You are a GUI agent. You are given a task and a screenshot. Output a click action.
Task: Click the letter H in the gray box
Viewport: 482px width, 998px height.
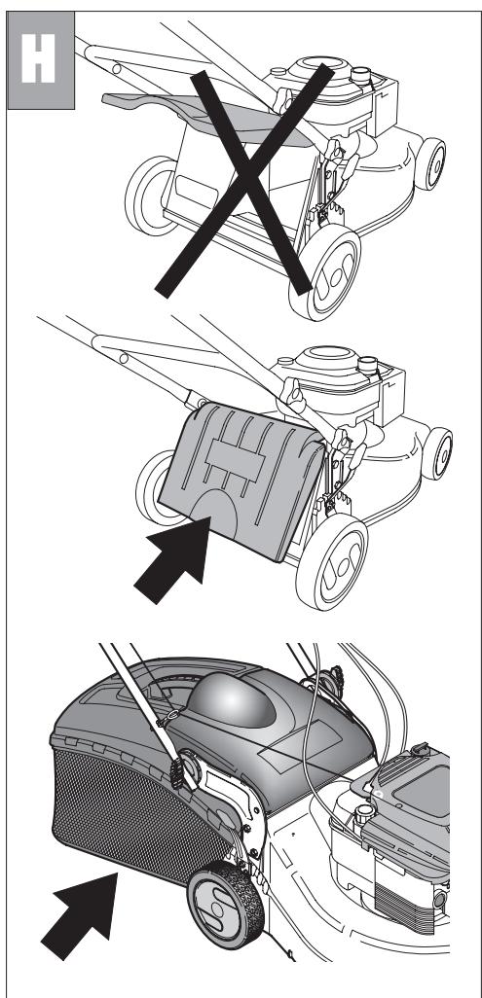click(38, 58)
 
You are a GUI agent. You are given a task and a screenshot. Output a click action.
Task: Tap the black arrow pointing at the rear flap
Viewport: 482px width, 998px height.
click(173, 559)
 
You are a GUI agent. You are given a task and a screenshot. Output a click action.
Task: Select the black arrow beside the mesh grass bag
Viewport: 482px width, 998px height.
click(80, 915)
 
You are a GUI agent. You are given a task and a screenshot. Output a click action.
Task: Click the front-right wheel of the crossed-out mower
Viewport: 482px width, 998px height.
click(325, 273)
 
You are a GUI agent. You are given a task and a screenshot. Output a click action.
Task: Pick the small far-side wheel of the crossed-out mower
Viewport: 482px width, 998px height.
click(430, 164)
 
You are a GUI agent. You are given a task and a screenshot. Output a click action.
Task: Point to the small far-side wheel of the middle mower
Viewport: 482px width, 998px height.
click(437, 453)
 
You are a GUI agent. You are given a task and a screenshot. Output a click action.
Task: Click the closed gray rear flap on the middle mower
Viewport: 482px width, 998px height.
click(241, 481)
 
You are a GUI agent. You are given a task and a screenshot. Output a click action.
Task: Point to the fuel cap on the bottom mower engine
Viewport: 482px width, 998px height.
click(365, 814)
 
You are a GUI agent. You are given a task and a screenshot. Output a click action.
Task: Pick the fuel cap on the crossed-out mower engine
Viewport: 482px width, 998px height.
click(361, 75)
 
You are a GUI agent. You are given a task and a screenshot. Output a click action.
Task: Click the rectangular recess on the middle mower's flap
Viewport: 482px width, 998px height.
click(236, 459)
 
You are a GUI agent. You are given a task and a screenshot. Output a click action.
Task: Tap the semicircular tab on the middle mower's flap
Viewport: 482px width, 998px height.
click(214, 513)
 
